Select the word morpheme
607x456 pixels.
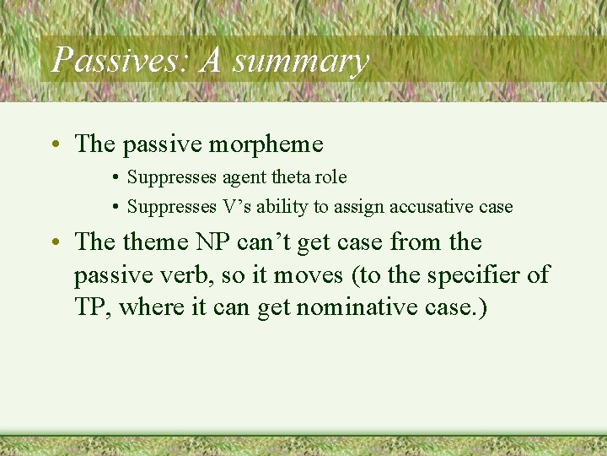click(266, 145)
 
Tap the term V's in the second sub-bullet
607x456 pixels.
click(230, 206)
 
